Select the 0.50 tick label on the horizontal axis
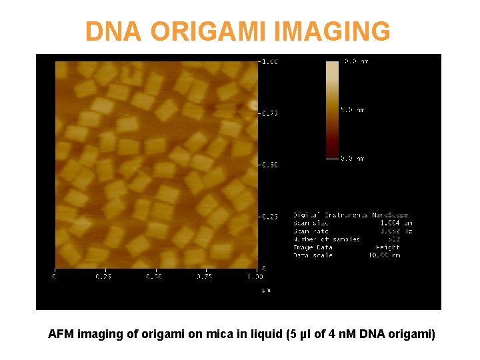pyautogui.click(x=155, y=276)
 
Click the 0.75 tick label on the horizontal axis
pyautogui.click(x=205, y=276)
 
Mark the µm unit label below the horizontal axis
pyautogui.click(x=265, y=290)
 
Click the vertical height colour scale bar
pyautogui.click(x=332, y=109)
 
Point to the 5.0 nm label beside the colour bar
pyautogui.click(x=353, y=110)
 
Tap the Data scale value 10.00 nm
pyautogui.click(x=385, y=255)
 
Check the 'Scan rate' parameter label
pyautogui.click(x=310, y=231)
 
